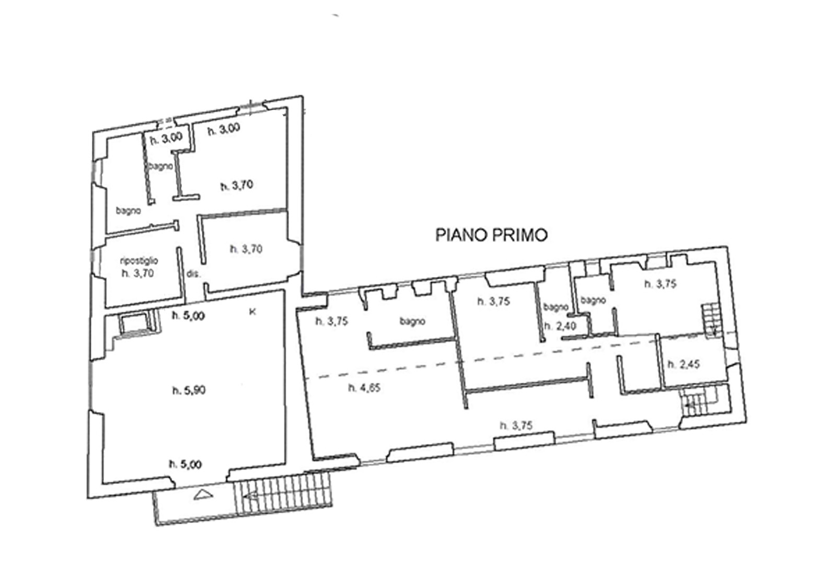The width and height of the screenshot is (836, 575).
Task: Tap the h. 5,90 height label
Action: point(189,390)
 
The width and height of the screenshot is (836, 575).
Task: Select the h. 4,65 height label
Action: point(364,388)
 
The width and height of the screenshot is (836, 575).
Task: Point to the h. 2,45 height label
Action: point(684,364)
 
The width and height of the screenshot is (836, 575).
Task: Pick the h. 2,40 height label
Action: point(560,326)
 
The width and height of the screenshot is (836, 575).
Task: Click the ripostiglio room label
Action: point(139,261)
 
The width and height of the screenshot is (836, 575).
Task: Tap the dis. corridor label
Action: point(194,274)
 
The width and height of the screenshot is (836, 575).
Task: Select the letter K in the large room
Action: point(252,312)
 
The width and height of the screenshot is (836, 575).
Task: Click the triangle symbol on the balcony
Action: point(204,495)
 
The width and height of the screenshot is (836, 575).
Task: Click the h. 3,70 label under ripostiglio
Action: point(138,273)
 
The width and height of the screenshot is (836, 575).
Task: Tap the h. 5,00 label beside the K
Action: point(188,316)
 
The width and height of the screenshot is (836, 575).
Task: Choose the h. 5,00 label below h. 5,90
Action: point(185,465)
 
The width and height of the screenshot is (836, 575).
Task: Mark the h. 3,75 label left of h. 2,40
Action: point(494,301)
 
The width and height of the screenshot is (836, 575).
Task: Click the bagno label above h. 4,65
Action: point(412,321)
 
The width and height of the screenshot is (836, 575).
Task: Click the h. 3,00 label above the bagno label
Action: point(166,139)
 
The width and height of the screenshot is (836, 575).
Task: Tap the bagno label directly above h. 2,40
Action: point(556,307)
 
